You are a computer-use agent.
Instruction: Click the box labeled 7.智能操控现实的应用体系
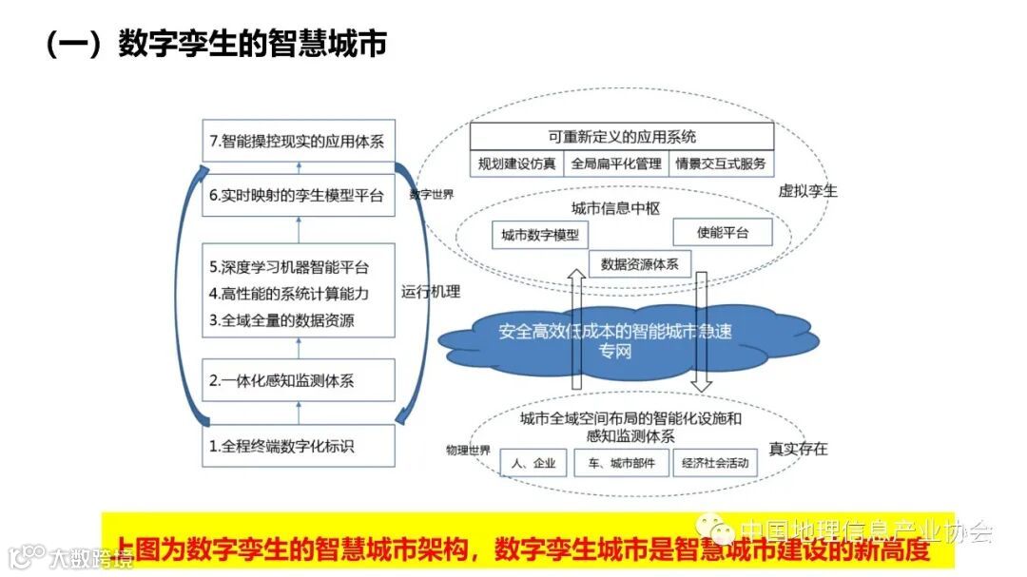[x=298, y=142]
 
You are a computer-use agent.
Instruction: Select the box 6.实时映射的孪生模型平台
[x=298, y=196]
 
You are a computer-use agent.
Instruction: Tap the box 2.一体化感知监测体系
[x=298, y=381]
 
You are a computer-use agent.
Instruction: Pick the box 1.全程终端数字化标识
[x=298, y=445]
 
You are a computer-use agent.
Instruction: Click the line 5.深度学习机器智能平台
[x=289, y=266]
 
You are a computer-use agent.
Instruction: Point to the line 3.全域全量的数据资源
[x=281, y=320]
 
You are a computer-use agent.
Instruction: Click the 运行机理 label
[x=431, y=292]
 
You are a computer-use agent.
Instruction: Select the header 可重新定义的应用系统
[x=622, y=137]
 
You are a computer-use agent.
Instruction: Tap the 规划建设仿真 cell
[x=517, y=163]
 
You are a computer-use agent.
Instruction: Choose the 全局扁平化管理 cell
[x=615, y=163]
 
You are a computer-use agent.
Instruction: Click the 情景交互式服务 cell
[x=720, y=163]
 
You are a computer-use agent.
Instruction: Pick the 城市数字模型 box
[x=540, y=235]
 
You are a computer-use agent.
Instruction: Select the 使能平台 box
[x=722, y=232]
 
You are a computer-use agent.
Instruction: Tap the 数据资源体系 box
[x=639, y=264]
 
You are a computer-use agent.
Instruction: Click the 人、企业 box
[x=533, y=464]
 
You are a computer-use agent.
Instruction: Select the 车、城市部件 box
[x=620, y=464]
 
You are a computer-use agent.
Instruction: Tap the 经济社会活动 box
[x=715, y=464]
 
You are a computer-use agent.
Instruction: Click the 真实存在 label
[x=798, y=449]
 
